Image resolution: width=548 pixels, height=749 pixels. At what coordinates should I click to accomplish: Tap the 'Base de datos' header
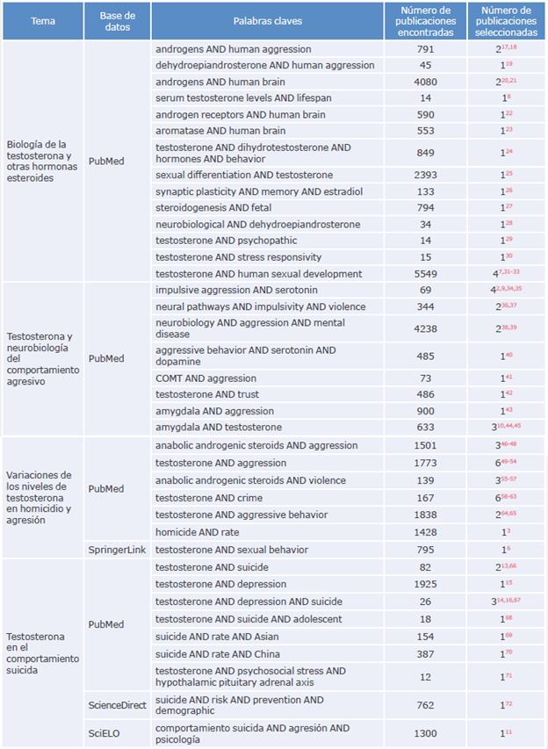pyautogui.click(x=117, y=20)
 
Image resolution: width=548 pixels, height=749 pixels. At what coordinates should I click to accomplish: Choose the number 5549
pyautogui.click(x=426, y=274)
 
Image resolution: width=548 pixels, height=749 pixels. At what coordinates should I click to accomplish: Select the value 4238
pyautogui.click(x=426, y=328)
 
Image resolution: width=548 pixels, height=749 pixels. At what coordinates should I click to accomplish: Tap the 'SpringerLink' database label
pyautogui.click(x=118, y=550)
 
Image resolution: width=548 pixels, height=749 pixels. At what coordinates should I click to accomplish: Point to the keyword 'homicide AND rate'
pyautogui.click(x=198, y=532)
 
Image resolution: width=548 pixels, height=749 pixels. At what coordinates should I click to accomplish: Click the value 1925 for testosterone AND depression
pyautogui.click(x=426, y=584)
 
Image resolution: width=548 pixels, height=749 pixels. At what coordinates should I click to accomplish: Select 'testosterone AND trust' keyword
pyautogui.click(x=208, y=393)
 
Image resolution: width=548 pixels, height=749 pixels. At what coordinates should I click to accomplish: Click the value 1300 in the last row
pyautogui.click(x=426, y=733)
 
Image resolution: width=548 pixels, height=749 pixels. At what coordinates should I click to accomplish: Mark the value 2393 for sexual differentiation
pyautogui.click(x=426, y=175)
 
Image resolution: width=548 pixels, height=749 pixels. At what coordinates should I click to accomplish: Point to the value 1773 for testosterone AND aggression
pyautogui.click(x=426, y=463)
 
